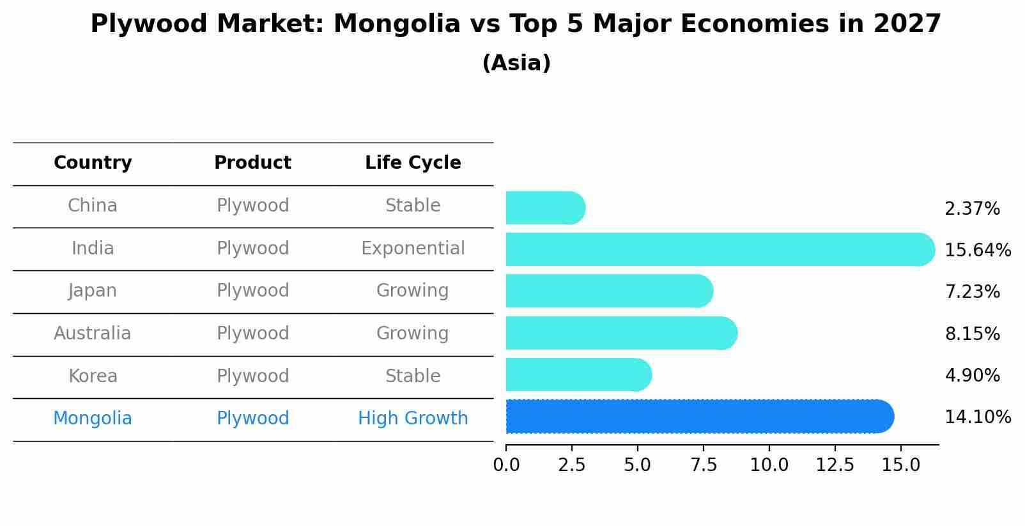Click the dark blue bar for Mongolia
click(700, 417)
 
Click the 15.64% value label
click(977, 250)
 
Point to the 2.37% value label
click(971, 208)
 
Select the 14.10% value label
click(977, 417)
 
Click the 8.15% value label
click(971, 334)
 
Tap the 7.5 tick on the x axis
click(704, 465)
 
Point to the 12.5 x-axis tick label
click(835, 465)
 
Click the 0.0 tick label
click(506, 465)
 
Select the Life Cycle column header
click(413, 163)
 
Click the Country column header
click(93, 163)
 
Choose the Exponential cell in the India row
click(413, 248)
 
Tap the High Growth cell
click(413, 419)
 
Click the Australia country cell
click(93, 333)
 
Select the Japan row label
click(93, 291)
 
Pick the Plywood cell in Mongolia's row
click(252, 419)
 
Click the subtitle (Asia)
click(516, 63)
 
